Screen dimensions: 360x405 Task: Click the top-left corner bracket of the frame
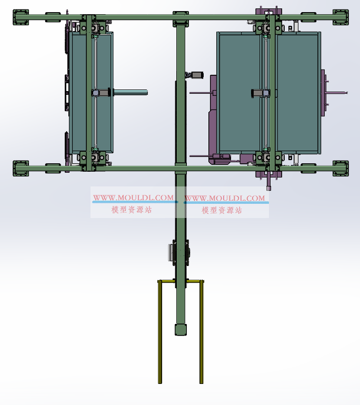[21, 17]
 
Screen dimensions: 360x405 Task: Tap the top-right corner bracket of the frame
[341, 17]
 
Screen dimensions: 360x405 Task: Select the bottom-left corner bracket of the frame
[21, 169]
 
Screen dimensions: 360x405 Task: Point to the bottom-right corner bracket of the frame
[341, 169]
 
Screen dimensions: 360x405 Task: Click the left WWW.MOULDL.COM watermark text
[133, 197]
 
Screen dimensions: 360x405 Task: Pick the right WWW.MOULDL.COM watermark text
[225, 198]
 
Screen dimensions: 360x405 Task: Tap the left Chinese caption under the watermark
[132, 210]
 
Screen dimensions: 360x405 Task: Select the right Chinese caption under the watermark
[222, 210]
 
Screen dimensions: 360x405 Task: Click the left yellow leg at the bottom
[160, 332]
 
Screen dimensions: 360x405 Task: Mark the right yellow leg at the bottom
[202, 332]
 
